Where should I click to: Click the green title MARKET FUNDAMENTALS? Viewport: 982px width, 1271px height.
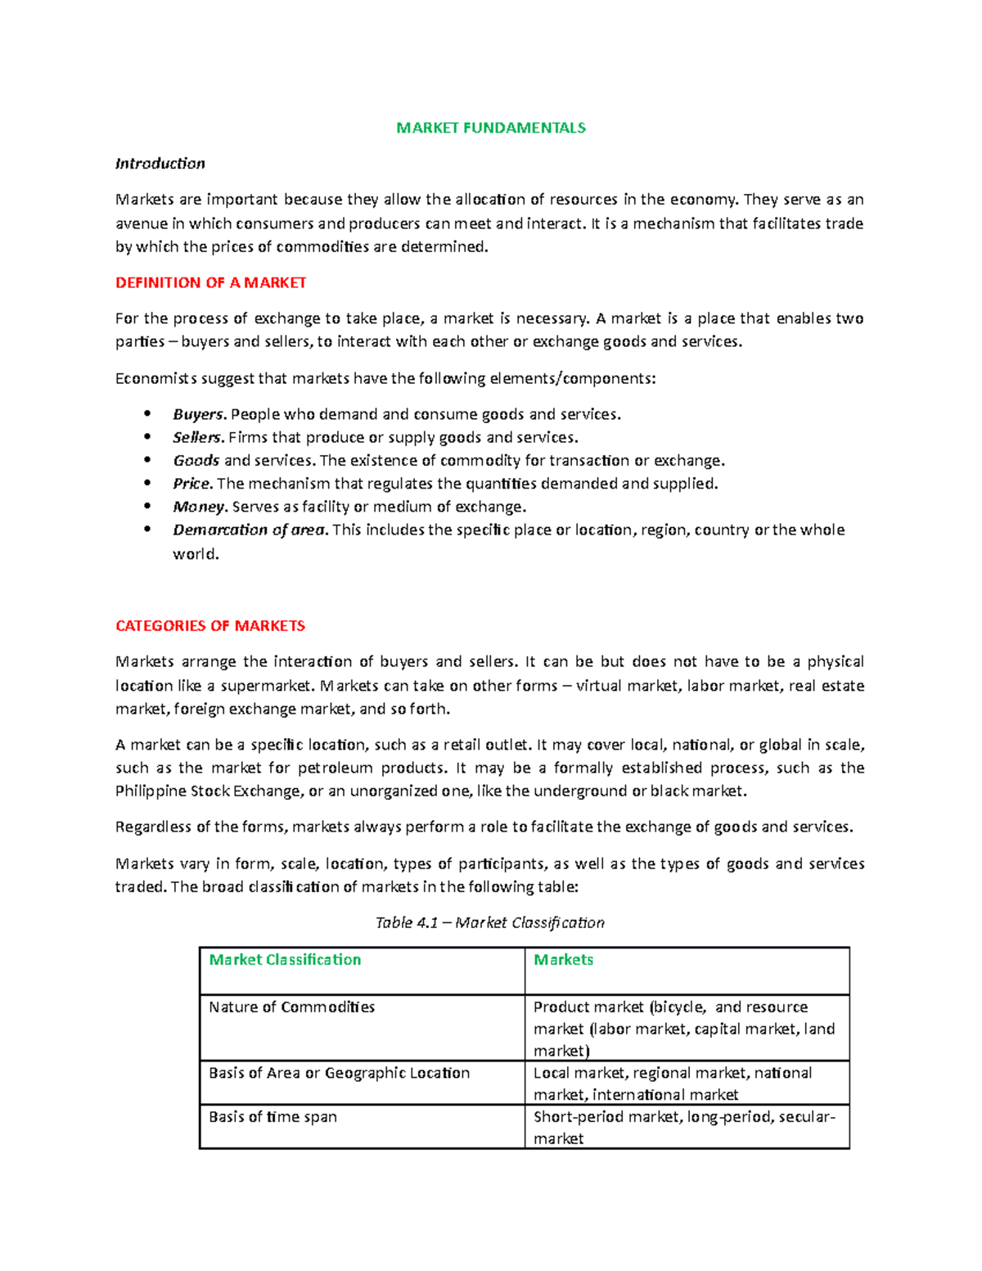pyautogui.click(x=490, y=128)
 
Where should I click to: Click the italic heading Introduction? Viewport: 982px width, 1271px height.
pyautogui.click(x=160, y=164)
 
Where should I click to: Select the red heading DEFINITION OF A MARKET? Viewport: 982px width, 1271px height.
pyautogui.click(x=210, y=282)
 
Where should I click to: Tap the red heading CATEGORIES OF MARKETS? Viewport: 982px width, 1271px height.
pyautogui.click(x=210, y=625)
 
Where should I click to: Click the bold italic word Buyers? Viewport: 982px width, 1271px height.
pyautogui.click(x=198, y=414)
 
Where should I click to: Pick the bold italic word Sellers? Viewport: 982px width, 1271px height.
pyautogui.click(x=197, y=437)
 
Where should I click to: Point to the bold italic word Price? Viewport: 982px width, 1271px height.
pyautogui.click(x=192, y=484)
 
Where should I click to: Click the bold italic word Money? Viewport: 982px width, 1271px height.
pyautogui.click(x=199, y=507)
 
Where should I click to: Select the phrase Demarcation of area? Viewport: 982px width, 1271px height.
pyautogui.click(x=250, y=530)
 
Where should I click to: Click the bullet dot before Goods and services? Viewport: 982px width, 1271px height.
pyautogui.click(x=147, y=460)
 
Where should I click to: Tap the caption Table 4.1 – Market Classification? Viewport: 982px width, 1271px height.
pyautogui.click(x=489, y=922)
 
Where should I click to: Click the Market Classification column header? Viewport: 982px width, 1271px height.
pyautogui.click(x=285, y=959)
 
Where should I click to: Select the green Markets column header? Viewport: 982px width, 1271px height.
pyautogui.click(x=563, y=959)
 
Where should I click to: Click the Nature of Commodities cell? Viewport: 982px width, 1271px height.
pyautogui.click(x=291, y=1007)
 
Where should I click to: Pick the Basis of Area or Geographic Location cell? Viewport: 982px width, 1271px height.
pyautogui.click(x=339, y=1072)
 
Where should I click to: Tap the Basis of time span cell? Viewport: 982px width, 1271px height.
pyautogui.click(x=273, y=1116)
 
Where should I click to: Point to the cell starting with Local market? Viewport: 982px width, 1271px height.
pyautogui.click(x=673, y=1084)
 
